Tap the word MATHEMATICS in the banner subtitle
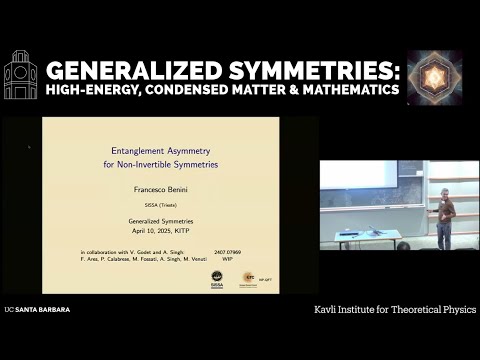346,91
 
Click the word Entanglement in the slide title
143,151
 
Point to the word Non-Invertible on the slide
166,163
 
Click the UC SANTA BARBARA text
37,310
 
